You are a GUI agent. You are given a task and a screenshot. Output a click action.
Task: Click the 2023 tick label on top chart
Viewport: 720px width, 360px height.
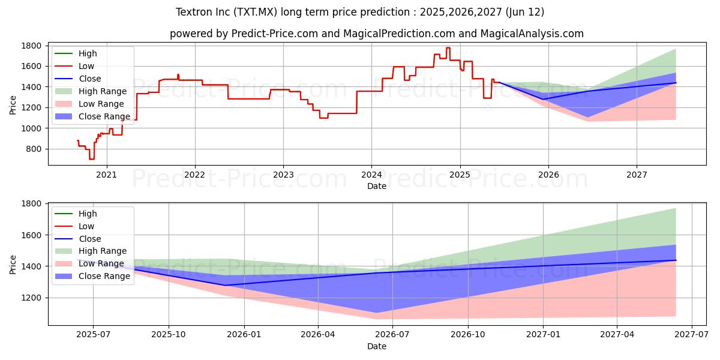tap(283, 175)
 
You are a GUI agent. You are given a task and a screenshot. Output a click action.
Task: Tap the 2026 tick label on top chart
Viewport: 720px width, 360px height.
tap(548, 175)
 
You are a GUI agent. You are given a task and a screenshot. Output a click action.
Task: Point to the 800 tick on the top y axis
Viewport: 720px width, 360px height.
tap(34, 149)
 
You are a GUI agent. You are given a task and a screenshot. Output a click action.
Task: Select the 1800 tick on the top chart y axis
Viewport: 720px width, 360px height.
tap(31, 46)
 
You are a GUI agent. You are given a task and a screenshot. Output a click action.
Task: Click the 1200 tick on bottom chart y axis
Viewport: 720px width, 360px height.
tap(31, 298)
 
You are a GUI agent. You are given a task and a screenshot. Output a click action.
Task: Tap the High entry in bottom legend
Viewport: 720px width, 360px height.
tap(87, 214)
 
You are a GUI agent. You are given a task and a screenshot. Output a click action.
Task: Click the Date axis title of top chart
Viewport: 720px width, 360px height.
tap(377, 186)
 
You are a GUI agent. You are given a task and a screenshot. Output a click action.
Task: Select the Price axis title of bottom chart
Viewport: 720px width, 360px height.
tap(13, 264)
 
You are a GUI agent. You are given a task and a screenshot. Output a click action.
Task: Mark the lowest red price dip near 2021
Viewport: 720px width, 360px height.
tap(91, 159)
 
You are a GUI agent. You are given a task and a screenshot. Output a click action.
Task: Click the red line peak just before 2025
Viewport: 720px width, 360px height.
tap(448, 48)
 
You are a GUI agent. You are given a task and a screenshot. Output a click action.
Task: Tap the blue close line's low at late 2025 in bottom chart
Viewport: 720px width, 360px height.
tap(225, 285)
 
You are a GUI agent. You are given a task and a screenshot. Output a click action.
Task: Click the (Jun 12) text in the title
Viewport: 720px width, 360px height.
tap(524, 12)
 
